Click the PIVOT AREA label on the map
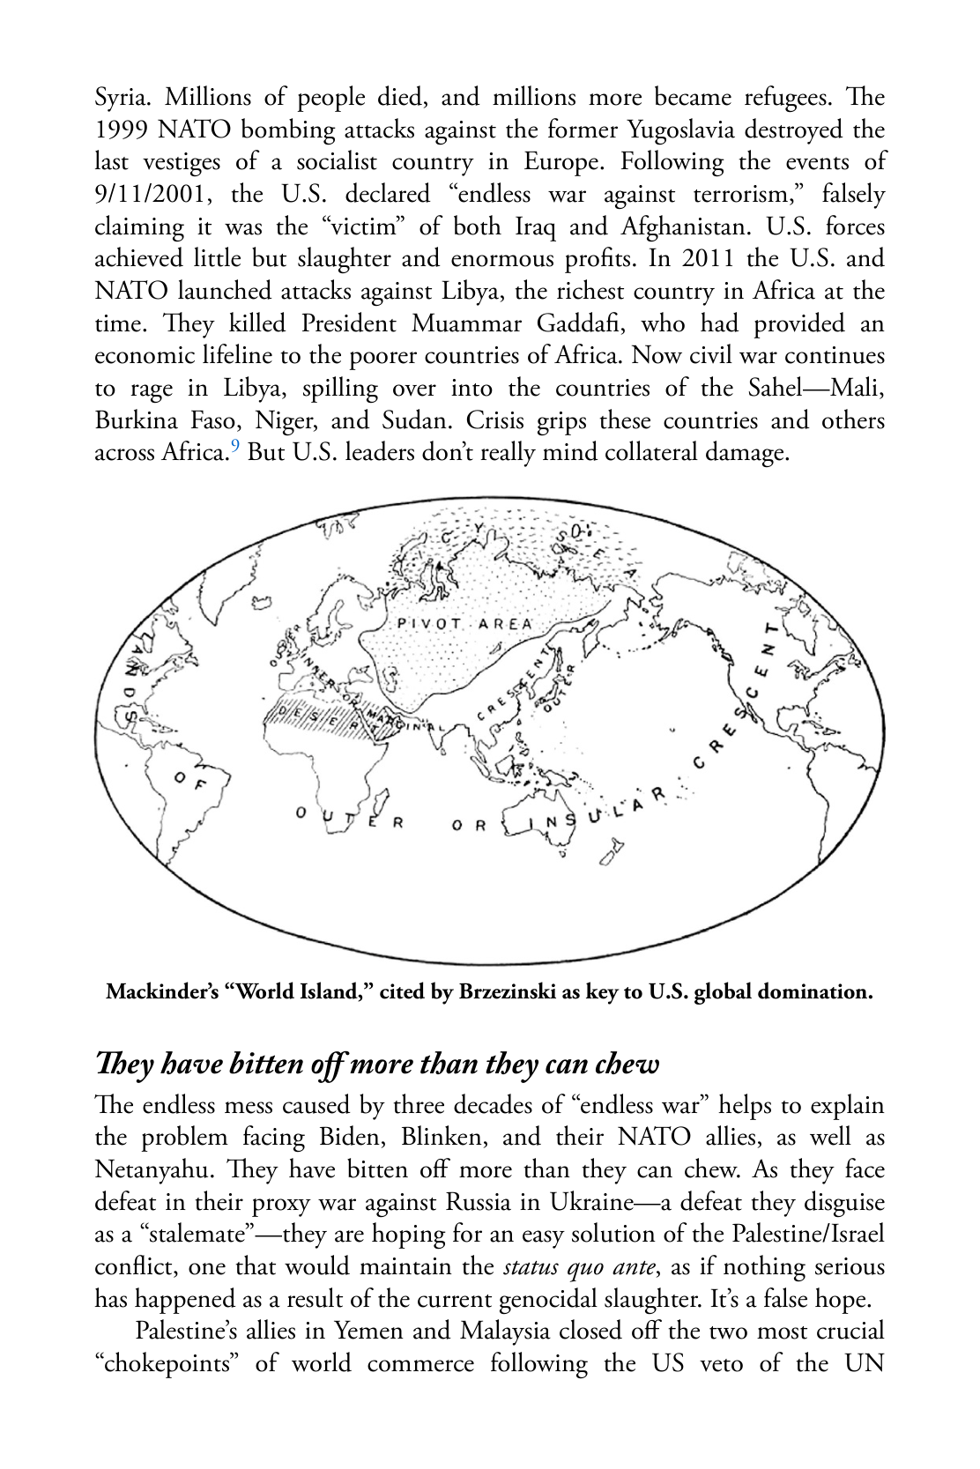coord(465,624)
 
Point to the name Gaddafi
coord(581,323)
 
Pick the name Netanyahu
coord(154,1170)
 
